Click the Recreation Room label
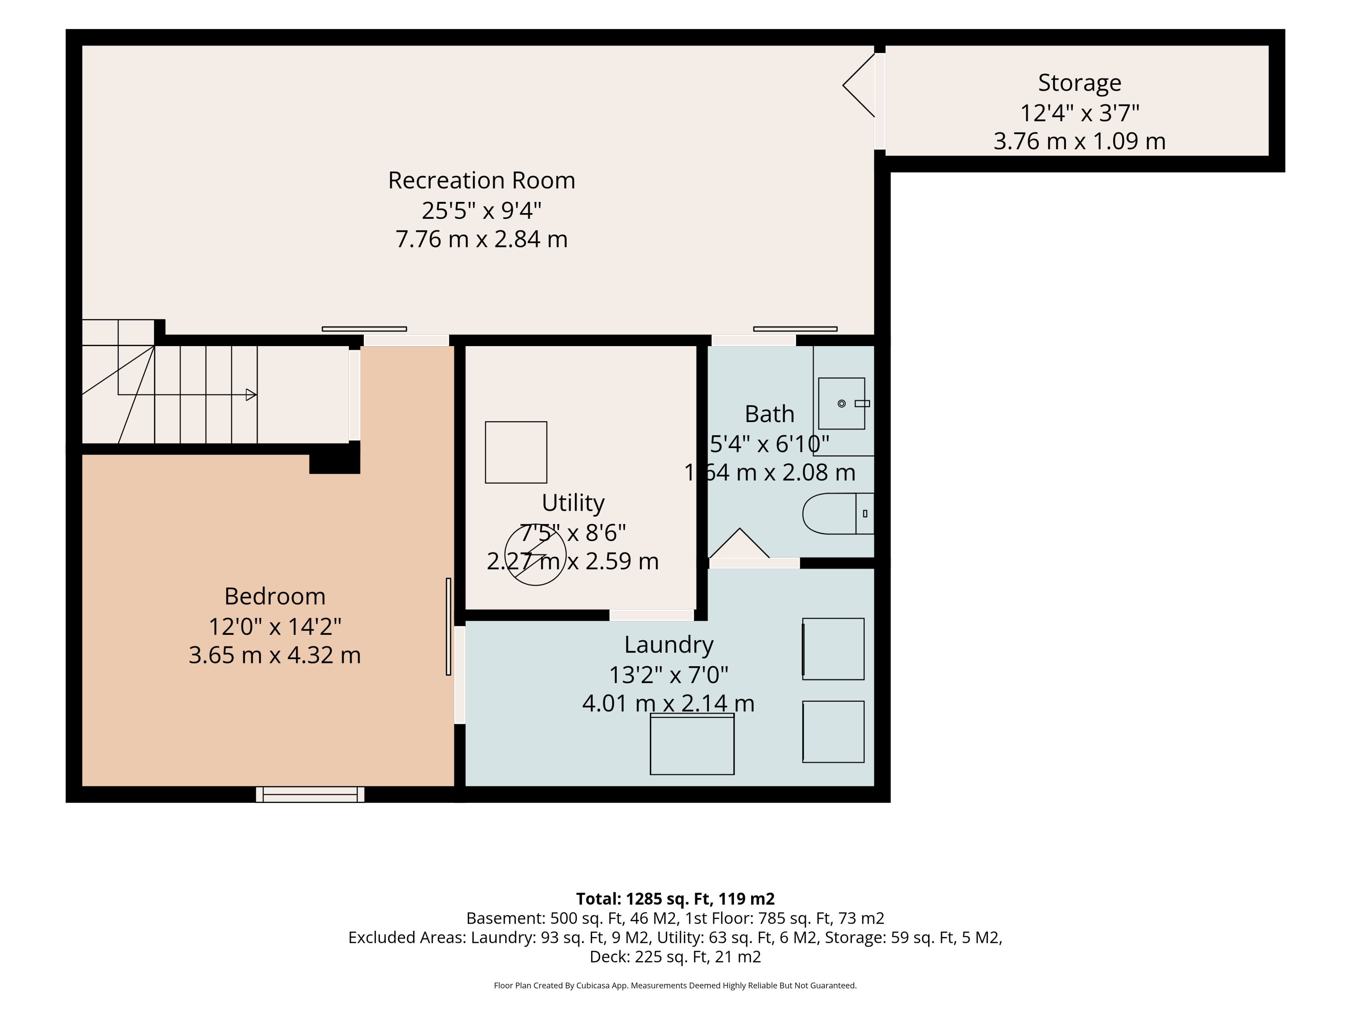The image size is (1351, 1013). pyautogui.click(x=481, y=180)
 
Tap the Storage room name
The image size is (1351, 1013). pyautogui.click(x=1079, y=82)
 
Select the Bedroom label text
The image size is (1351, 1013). pyautogui.click(x=275, y=595)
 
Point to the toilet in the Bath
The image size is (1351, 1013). pyautogui.click(x=838, y=514)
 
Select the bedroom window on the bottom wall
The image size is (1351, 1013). pyautogui.click(x=310, y=795)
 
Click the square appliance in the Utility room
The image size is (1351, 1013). pyautogui.click(x=516, y=452)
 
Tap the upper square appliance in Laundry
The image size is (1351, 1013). pyautogui.click(x=833, y=649)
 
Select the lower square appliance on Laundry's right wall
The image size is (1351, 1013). pyautogui.click(x=833, y=732)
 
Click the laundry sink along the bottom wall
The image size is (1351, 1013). pyautogui.click(x=692, y=744)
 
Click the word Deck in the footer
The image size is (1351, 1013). pyautogui.click(x=608, y=956)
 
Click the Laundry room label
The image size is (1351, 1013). pyautogui.click(x=669, y=645)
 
